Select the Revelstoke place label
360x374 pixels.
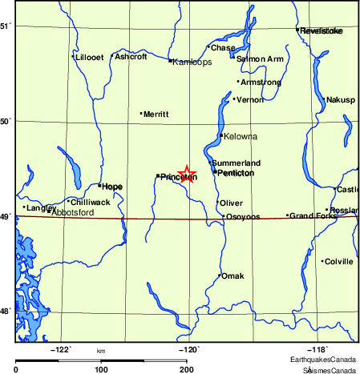[x=321, y=30]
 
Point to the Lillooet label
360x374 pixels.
[x=89, y=57]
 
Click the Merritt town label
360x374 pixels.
[x=156, y=115]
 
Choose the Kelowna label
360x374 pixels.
[x=241, y=136]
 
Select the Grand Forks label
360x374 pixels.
[x=312, y=215]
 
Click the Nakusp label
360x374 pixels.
[x=341, y=100]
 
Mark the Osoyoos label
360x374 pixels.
[x=243, y=217]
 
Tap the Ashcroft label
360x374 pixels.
[x=131, y=57]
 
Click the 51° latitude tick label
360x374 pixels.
[x=6, y=26]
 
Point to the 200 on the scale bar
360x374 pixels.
[x=186, y=369]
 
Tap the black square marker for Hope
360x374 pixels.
[x=99, y=185]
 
